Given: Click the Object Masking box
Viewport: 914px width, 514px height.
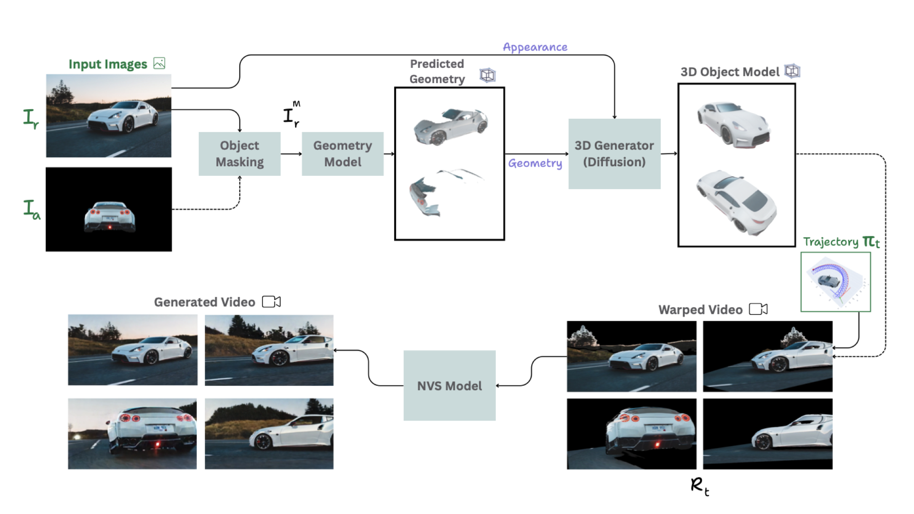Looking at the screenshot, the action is click(240, 154).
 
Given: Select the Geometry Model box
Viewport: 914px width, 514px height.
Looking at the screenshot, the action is click(343, 154).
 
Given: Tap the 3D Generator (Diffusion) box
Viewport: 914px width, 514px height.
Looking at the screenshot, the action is click(614, 154).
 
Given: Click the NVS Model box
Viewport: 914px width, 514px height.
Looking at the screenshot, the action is click(449, 385).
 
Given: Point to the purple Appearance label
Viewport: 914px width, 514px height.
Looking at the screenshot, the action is click(535, 47).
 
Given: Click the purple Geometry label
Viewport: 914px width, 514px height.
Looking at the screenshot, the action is click(535, 163).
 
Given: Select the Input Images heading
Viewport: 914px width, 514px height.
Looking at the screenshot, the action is click(108, 64).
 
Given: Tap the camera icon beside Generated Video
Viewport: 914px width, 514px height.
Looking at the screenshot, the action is click(272, 302).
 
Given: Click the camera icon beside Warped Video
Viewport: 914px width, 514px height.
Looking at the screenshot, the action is click(758, 309).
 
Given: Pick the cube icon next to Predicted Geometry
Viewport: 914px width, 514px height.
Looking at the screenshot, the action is click(487, 75).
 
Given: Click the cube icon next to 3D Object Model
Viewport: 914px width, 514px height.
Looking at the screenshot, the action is click(792, 71).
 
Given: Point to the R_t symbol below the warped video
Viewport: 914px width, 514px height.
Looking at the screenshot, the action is click(700, 487).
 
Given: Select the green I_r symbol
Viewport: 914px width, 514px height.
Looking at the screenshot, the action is click(31, 119).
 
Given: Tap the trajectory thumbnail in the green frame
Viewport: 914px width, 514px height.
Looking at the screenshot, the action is click(836, 282).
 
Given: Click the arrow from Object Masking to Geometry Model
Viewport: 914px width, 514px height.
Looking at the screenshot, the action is click(291, 154).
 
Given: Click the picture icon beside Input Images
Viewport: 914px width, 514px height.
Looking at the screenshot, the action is click(159, 63).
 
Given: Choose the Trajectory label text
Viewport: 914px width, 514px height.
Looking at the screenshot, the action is click(831, 242).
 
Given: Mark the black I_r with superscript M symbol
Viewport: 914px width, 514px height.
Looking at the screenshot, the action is click(292, 114).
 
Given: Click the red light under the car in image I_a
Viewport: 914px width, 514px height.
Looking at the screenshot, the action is click(110, 227).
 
